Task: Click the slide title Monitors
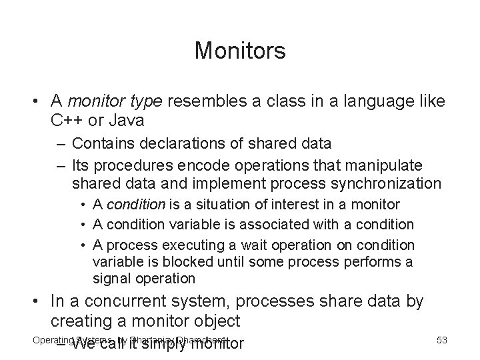point(240,51)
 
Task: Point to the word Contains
point(102,143)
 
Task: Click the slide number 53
point(441,340)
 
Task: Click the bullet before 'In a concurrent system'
point(39,302)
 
